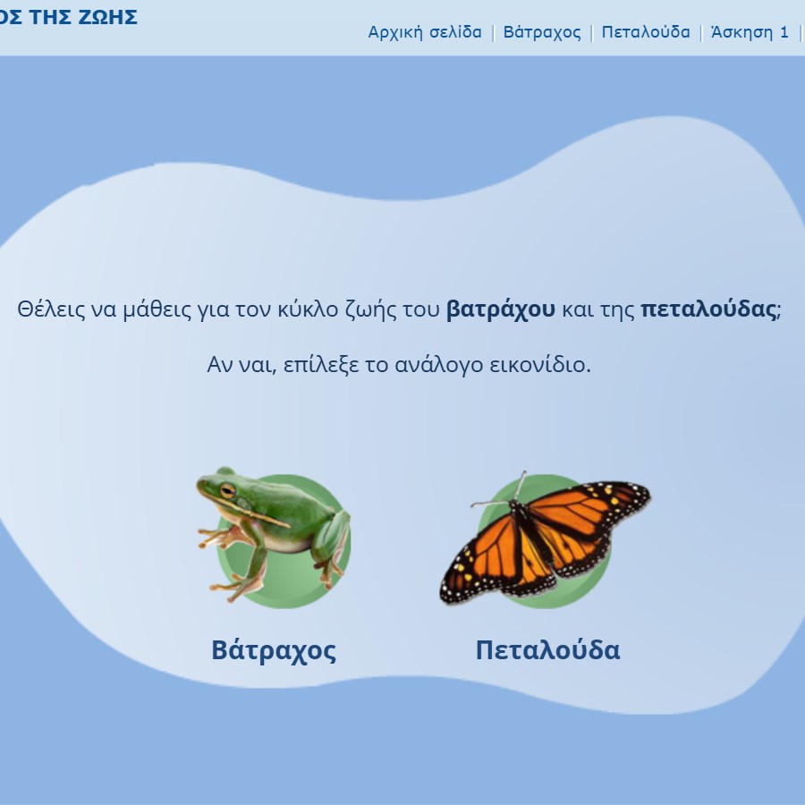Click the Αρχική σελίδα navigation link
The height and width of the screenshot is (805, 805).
[425, 32]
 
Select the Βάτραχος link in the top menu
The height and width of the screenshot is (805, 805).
[542, 32]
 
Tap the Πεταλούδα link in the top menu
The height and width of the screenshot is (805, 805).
[645, 32]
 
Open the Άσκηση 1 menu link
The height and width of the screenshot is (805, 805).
[750, 32]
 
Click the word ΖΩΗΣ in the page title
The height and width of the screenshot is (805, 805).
[108, 17]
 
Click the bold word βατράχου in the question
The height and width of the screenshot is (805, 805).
[501, 309]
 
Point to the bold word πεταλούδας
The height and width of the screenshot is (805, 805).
[708, 309]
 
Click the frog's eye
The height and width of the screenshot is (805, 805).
[227, 490]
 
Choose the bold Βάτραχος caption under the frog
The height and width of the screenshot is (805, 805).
[274, 650]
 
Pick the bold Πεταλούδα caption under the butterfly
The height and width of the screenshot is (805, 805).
[547, 650]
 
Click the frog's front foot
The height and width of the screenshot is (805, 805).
[218, 538]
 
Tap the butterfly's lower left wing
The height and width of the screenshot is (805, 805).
[493, 563]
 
